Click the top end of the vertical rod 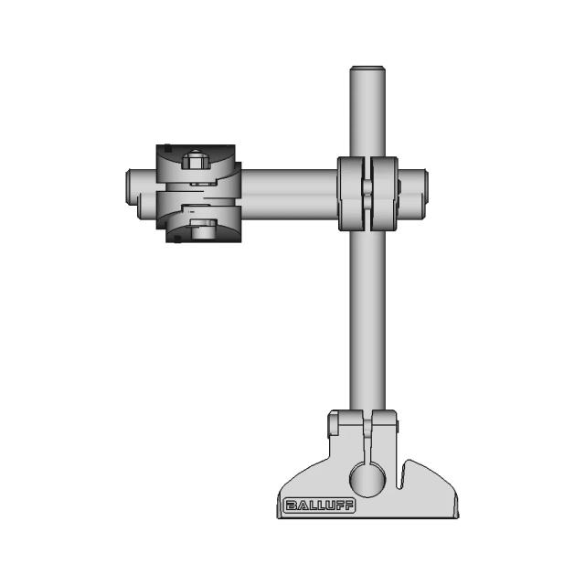point(368,69)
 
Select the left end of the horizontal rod point(130,193)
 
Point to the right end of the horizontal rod point(425,193)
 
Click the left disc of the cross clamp point(351,193)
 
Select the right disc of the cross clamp point(385,193)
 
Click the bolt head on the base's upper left point(335,424)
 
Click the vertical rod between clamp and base point(368,320)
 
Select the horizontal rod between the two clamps point(288,193)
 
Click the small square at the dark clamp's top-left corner point(167,148)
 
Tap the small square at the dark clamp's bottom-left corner point(175,239)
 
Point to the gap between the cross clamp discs point(367,193)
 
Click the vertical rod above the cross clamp point(368,114)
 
